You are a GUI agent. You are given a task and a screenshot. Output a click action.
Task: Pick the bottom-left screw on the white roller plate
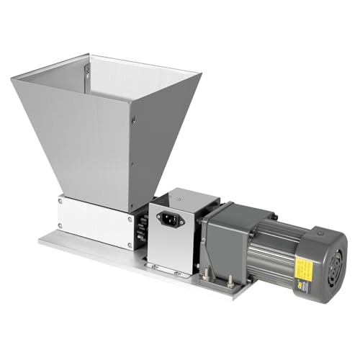(x=60, y=225)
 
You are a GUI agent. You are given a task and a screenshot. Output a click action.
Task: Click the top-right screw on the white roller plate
(x=130, y=217)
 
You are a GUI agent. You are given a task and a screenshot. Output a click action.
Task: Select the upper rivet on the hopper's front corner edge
(x=132, y=122)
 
